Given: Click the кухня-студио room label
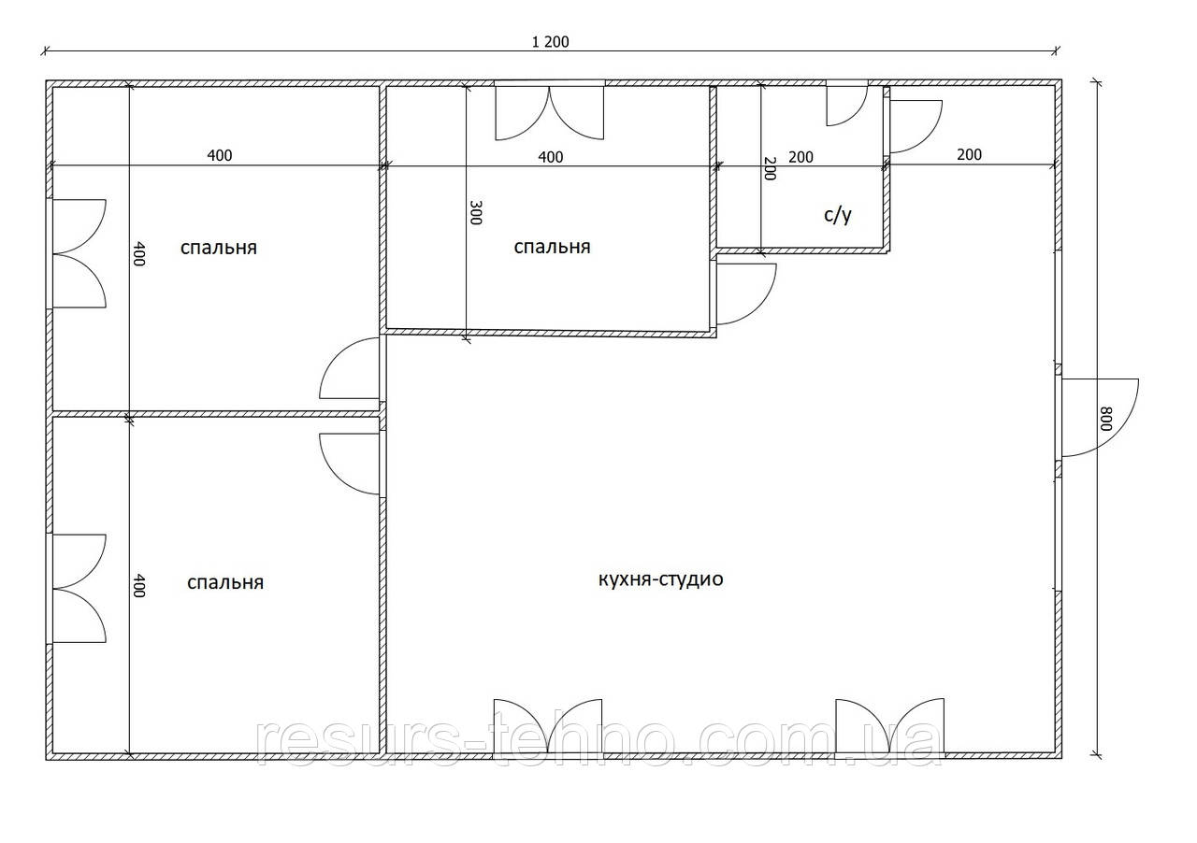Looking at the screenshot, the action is [x=660, y=579].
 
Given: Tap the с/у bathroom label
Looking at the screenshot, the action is [x=837, y=215].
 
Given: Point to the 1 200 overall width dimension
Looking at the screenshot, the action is [x=550, y=42].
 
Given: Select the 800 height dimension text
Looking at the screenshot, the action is [x=1105, y=419].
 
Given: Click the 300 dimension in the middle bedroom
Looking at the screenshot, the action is [x=475, y=213].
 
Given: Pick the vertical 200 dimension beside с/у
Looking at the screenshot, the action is [x=769, y=168].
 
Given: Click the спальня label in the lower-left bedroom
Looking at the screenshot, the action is [x=225, y=582].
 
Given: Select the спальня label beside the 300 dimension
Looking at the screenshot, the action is [x=552, y=247].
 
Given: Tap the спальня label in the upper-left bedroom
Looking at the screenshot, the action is [x=219, y=248].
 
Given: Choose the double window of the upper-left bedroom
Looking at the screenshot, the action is [x=77, y=253].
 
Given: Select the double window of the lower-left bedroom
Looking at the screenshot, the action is [x=77, y=588].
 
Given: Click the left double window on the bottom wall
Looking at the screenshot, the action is [x=548, y=729].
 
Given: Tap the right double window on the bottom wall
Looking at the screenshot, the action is [x=889, y=728].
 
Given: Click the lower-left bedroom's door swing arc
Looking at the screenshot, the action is [x=332, y=477].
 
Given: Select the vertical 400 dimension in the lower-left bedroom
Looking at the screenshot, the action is [x=138, y=585].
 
